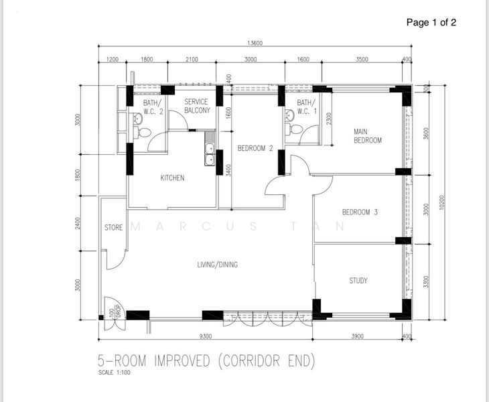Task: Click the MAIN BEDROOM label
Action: coord(367,136)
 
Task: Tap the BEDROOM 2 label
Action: coord(255,148)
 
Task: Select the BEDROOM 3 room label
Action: coord(360,212)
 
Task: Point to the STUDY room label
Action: coord(358,281)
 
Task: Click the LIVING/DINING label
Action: coord(217,265)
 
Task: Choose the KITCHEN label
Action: coord(172,178)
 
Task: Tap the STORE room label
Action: coord(114,228)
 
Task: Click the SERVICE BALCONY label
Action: coord(197,106)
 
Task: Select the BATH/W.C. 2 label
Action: coord(153,107)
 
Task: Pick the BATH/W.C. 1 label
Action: coord(307,107)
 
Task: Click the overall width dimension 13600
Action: coord(255,44)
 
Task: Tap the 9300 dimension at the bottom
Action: coord(205,336)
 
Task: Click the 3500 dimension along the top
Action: coord(362,60)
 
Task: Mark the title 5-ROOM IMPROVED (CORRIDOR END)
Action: coord(206,362)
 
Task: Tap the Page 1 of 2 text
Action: coord(431,22)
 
